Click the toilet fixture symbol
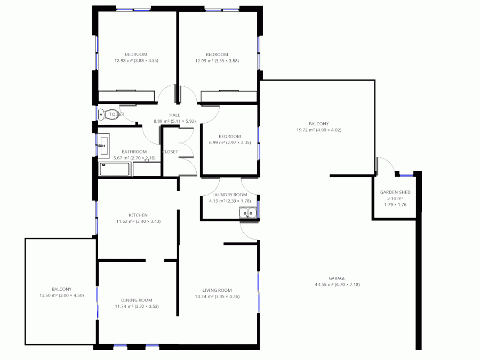click(x=102, y=114)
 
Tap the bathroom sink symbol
click(x=103, y=144)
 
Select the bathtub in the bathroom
click(x=115, y=170)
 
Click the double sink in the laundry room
click(x=248, y=214)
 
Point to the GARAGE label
click(x=337, y=278)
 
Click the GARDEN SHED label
click(x=395, y=192)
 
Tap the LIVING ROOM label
click(x=213, y=290)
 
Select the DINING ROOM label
click(x=137, y=300)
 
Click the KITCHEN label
click(x=138, y=215)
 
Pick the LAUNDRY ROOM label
click(x=229, y=195)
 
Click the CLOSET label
click(x=170, y=151)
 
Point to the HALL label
click(x=174, y=115)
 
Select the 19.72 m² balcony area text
click(x=319, y=130)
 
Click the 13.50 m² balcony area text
click(x=62, y=295)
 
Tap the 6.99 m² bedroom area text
click(x=230, y=142)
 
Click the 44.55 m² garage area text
click(x=337, y=285)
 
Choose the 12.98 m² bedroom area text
click(x=136, y=61)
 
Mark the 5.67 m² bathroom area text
click(x=134, y=158)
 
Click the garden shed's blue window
click(x=406, y=175)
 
